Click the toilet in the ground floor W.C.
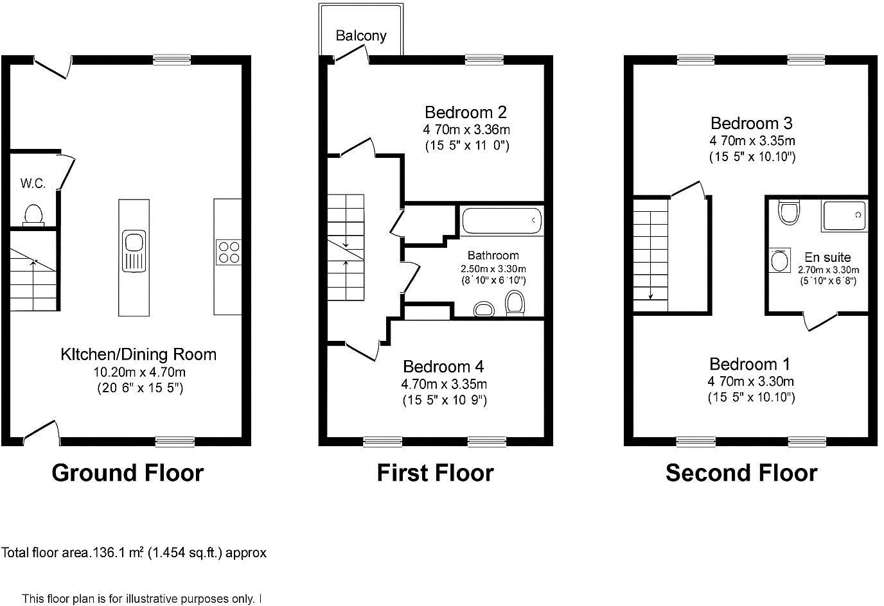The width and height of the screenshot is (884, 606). tap(32, 214)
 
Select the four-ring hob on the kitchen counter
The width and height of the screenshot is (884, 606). tap(228, 252)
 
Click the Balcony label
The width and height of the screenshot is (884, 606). tap(361, 35)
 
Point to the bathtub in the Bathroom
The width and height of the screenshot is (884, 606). tap(502, 221)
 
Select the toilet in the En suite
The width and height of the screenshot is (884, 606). tap(788, 211)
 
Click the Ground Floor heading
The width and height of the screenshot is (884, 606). tap(127, 473)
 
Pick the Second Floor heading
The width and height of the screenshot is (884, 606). tap(741, 473)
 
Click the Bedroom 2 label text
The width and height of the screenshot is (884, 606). tap(466, 112)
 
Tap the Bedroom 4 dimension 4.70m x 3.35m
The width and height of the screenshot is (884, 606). tap(444, 385)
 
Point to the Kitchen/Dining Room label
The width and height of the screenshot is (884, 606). tap(139, 354)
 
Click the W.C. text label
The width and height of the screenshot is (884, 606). tap(33, 184)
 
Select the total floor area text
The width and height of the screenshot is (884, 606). tap(134, 553)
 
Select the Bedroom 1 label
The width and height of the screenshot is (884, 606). tap(750, 365)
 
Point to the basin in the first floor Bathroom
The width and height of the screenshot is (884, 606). tap(483, 309)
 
